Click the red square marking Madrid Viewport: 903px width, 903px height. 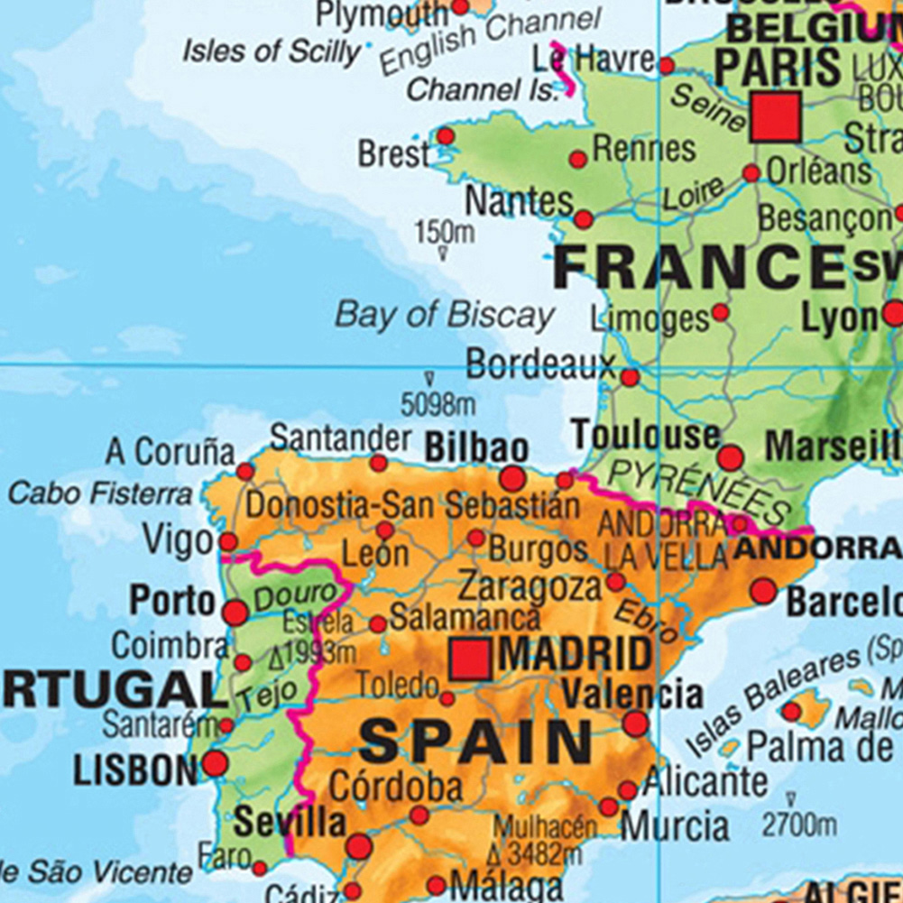pos(471,659)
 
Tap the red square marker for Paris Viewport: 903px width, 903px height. pos(775,116)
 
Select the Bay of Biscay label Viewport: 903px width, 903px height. pos(445,316)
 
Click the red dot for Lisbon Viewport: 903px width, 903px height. pos(215,764)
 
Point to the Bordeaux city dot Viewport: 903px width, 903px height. pos(630,377)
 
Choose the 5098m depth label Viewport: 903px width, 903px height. pos(438,405)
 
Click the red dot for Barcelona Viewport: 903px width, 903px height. pos(763,592)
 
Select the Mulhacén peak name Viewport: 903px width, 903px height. pos(545,826)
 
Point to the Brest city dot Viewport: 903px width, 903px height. pos(446,136)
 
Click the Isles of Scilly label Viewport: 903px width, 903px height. pos(272,51)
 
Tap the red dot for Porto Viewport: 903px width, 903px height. pos(235,613)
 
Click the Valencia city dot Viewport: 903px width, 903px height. pos(635,723)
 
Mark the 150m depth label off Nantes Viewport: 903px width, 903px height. pos(444,233)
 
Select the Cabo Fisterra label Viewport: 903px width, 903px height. pos(100,493)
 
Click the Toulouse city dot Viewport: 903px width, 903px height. pos(731,457)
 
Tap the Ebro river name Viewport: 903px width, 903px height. pos(645,622)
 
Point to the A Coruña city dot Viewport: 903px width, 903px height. pos(245,471)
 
